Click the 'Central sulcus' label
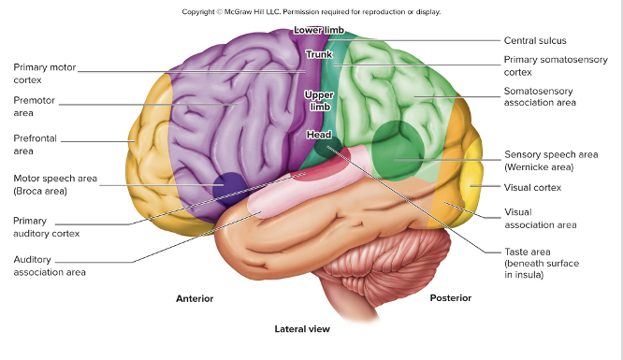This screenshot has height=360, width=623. click(x=535, y=40)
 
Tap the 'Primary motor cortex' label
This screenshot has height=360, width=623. click(x=44, y=74)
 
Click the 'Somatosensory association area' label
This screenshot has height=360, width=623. click(x=540, y=96)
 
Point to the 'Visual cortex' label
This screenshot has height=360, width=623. click(x=531, y=187)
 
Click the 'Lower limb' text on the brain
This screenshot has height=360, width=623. click(x=319, y=31)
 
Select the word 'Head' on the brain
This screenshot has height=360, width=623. click(x=319, y=135)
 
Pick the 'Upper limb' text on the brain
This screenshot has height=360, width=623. click(x=319, y=101)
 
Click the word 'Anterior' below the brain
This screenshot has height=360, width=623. click(x=195, y=298)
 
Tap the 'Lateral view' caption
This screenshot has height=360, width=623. click(x=301, y=329)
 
